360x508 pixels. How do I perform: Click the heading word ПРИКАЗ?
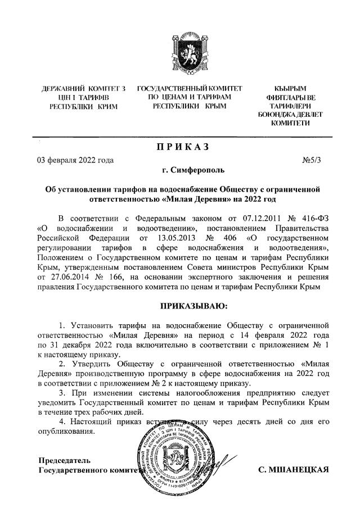tap(182, 147)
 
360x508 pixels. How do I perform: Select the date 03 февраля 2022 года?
tap(75, 160)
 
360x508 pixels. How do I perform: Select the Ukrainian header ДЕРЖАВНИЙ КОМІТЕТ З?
tap(84, 89)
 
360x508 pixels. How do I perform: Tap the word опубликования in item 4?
tap(66, 432)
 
